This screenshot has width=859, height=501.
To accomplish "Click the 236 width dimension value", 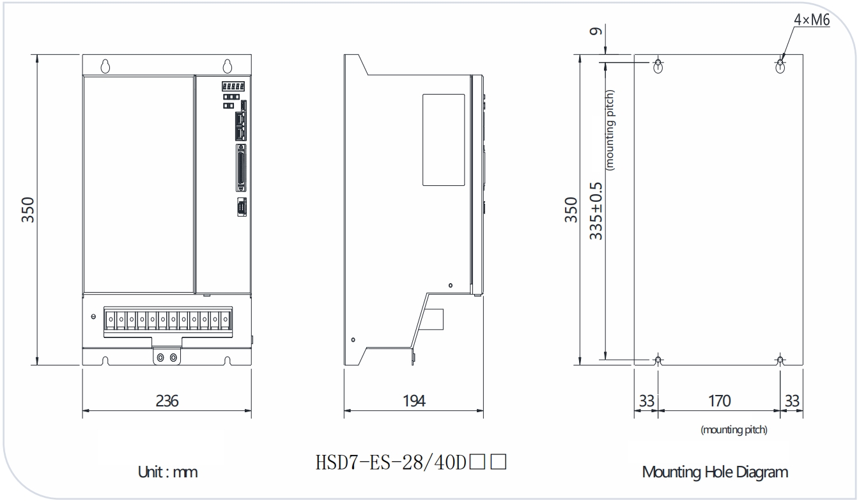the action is pos(167,401).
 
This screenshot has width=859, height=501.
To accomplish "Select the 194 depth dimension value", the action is pos(414,401).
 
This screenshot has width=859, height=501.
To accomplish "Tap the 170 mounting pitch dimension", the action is pos(719,401).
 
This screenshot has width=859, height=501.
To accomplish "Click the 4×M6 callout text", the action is pos(812,20).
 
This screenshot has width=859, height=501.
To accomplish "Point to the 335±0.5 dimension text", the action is pos(596,212).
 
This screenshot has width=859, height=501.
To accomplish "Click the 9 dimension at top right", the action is pos(596,31).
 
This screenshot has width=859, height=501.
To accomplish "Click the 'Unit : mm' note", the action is pos(167,472).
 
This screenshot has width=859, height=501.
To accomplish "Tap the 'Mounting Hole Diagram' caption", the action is pos(715,472).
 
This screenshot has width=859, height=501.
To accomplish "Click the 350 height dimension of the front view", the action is pos(28,210).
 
